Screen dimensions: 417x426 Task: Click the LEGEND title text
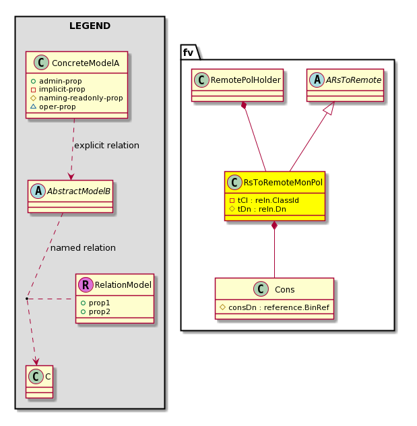[90, 26]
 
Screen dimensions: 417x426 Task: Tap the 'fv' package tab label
[188, 52]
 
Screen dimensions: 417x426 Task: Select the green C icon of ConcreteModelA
[41, 62]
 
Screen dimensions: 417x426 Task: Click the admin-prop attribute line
[56, 81]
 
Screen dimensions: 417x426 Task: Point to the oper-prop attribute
[53, 106]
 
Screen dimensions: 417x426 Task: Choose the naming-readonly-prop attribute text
[77, 98]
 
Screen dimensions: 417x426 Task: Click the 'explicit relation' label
[106, 146]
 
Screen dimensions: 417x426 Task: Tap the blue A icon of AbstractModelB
[38, 191]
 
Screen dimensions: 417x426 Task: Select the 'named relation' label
[83, 248]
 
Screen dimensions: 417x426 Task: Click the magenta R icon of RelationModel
[86, 284]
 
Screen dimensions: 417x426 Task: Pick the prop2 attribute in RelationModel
[95, 311]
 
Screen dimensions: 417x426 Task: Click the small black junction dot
[27, 299]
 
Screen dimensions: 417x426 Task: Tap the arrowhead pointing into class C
[36, 361]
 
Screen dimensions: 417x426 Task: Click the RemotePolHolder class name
[246, 80]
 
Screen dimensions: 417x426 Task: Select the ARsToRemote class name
[354, 80]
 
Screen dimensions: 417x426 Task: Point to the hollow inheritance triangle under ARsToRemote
[329, 108]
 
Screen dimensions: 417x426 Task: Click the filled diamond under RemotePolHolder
[244, 106]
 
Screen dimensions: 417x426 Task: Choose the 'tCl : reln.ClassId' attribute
[264, 200]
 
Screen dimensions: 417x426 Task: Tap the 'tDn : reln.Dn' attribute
[257, 209]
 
